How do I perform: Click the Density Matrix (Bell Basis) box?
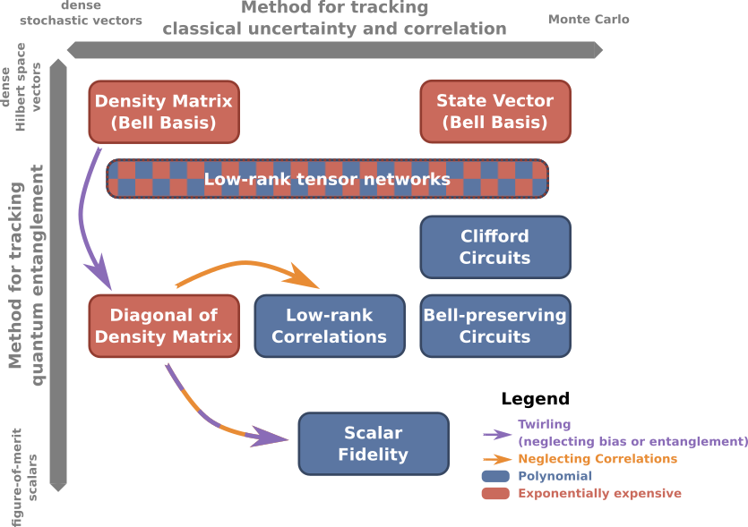pos(164,112)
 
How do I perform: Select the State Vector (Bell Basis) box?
pos(495,112)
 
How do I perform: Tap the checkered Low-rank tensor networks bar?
pos(327,179)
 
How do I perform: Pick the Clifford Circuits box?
pos(495,247)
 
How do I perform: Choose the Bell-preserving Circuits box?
pos(495,326)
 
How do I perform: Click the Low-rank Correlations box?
pos(330,326)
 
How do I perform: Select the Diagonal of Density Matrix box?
pos(164,326)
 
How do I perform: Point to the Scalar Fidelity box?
pos(374,443)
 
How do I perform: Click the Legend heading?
pos(535,399)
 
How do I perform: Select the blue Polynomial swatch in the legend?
pos(495,477)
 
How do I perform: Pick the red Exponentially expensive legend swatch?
pos(495,493)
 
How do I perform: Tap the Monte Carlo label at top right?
pos(589,19)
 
